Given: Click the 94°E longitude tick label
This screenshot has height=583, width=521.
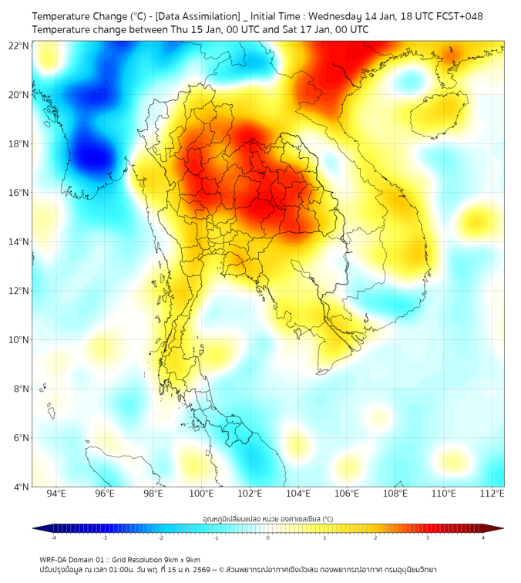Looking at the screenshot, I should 56,494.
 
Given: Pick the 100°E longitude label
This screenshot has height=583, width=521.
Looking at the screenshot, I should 202,494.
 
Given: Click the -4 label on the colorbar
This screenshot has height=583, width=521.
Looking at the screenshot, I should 53,538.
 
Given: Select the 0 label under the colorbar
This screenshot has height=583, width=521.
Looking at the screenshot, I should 268,538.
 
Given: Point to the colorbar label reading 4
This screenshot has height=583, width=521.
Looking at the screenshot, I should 483,538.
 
